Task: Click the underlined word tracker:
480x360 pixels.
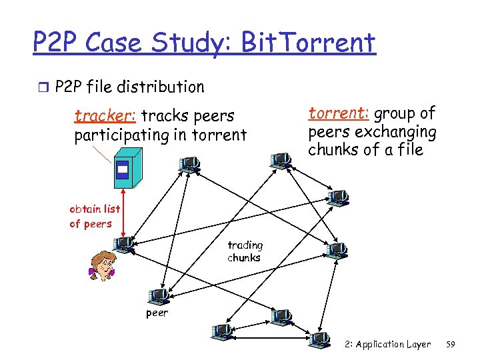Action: tap(105, 116)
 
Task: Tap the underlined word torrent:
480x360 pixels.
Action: tap(334, 113)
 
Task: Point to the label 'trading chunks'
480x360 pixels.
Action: tap(245, 251)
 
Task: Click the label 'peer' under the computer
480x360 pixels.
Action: tap(157, 313)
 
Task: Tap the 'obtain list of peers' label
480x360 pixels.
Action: tap(95, 216)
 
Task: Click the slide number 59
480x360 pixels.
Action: tap(450, 345)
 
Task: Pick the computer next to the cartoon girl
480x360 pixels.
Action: tap(125, 245)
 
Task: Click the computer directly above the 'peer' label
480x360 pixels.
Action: tap(159, 295)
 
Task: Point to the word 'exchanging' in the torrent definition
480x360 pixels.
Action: tap(398, 131)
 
